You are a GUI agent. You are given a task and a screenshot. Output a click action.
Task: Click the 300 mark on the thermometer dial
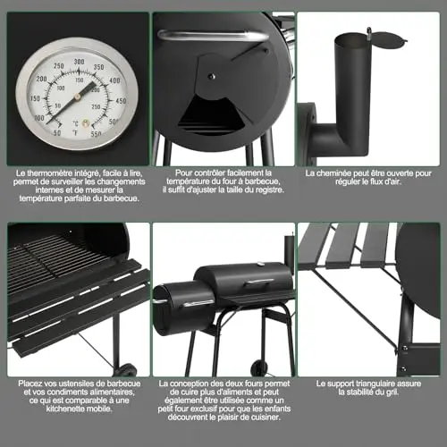point(79,62)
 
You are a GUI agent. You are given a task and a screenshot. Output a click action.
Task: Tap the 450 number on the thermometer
point(121,101)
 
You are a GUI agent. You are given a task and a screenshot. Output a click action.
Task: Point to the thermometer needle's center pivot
point(77,97)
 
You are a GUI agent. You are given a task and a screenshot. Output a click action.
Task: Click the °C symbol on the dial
point(75,123)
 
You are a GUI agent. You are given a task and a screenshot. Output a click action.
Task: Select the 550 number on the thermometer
point(96,133)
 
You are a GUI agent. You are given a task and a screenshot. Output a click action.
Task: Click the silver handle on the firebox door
point(213,36)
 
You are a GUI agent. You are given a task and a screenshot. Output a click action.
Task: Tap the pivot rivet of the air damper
point(212,77)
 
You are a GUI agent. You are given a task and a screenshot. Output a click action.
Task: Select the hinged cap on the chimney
point(387,38)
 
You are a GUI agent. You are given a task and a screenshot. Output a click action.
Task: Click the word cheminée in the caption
point(333,173)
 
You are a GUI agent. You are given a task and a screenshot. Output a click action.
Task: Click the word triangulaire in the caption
point(374,384)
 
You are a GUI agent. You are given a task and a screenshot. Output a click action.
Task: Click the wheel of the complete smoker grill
point(259,368)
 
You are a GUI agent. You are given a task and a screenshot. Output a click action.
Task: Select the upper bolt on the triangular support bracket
point(404,348)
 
